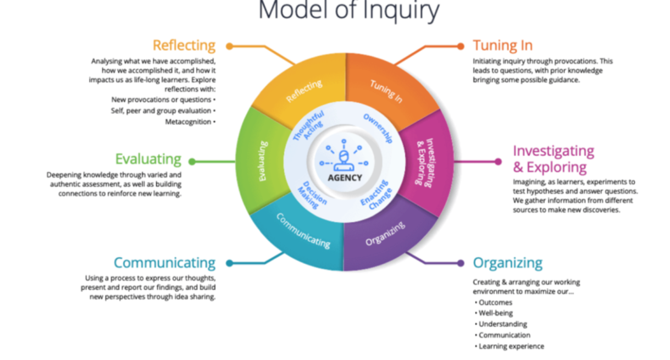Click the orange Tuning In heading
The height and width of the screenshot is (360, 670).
(x=502, y=46)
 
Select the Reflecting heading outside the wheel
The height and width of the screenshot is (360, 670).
(x=184, y=46)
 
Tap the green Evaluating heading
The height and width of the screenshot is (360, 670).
(x=148, y=159)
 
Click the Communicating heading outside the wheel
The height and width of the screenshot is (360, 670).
(x=164, y=263)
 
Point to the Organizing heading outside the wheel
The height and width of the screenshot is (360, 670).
(x=508, y=263)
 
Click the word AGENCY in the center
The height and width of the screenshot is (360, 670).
(x=345, y=178)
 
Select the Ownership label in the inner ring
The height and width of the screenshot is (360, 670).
(x=378, y=128)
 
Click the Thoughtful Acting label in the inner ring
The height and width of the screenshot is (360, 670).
(x=309, y=126)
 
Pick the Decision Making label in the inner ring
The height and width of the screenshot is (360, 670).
(x=312, y=195)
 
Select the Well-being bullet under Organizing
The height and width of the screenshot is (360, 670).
(x=494, y=313)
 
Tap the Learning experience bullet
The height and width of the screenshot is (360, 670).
(x=510, y=346)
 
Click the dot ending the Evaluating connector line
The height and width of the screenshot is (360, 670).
(x=192, y=162)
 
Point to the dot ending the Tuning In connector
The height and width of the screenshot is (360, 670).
(x=461, y=46)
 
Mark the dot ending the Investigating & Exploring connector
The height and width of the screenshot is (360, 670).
(x=498, y=162)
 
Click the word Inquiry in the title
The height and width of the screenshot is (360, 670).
(x=401, y=11)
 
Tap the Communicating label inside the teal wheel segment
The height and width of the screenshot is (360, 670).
(x=303, y=231)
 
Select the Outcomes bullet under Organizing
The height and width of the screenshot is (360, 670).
(x=494, y=302)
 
